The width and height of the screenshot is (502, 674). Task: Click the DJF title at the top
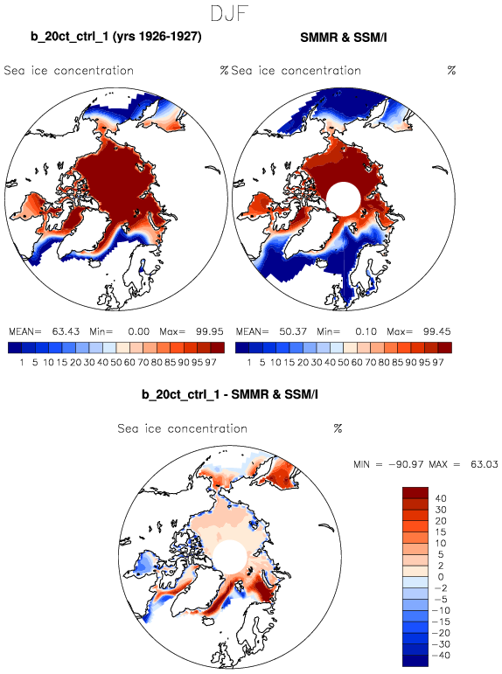click(229, 14)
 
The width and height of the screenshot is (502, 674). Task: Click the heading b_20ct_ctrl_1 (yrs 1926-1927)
click(116, 37)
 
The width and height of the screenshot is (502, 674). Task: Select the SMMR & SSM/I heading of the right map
click(344, 38)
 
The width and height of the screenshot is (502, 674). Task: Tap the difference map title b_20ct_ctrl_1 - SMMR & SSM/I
click(230, 394)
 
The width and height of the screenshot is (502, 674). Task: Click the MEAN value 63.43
click(66, 331)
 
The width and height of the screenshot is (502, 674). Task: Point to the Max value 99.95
click(210, 331)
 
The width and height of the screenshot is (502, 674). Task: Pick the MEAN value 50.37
click(293, 331)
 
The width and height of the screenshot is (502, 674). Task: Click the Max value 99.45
click(436, 331)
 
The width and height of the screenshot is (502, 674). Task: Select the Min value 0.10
click(366, 331)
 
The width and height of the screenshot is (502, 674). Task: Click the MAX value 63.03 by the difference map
click(484, 464)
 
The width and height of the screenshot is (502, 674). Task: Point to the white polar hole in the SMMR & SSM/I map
click(344, 199)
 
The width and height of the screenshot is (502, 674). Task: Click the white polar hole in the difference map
click(230, 557)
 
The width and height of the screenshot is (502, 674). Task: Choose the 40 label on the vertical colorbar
click(441, 498)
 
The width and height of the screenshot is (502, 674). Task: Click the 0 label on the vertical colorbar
click(441, 576)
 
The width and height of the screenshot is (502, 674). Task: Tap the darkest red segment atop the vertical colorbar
click(415, 492)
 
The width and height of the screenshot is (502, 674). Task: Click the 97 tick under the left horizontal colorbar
click(211, 363)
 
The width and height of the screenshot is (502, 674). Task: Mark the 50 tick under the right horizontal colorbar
click(344, 363)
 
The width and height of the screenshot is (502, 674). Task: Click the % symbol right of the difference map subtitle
click(338, 428)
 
